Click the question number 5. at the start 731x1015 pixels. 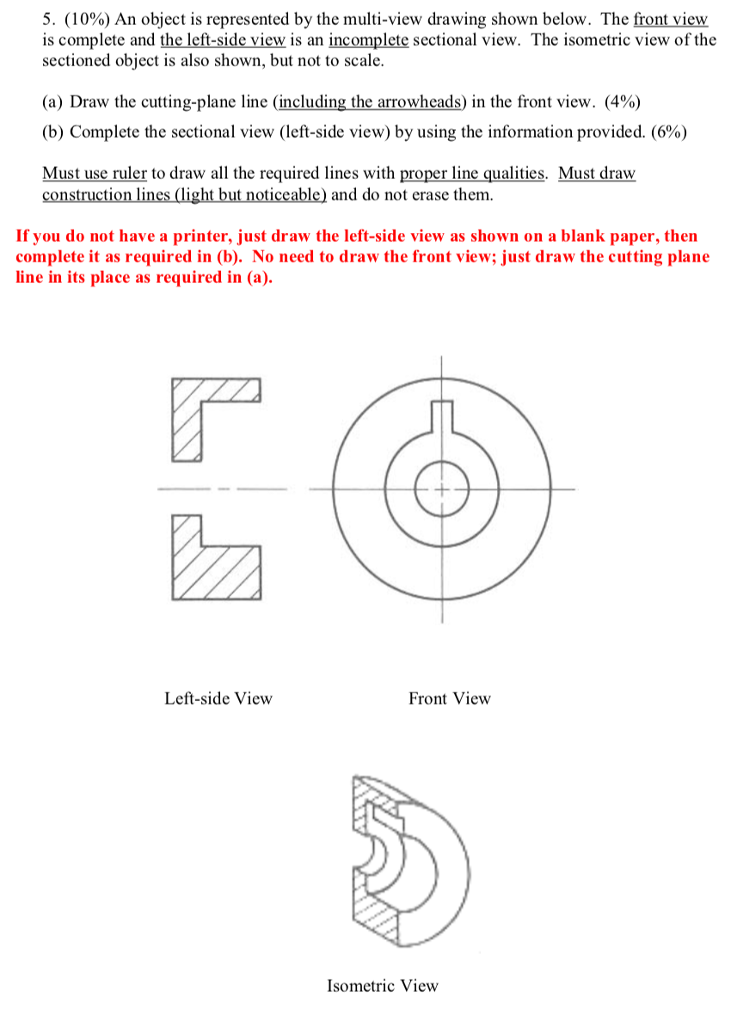tap(49, 19)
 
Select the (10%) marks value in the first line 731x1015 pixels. tap(90, 19)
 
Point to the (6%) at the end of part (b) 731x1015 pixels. tap(664, 132)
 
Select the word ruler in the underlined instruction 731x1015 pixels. tap(128, 174)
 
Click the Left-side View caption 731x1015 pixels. tap(218, 698)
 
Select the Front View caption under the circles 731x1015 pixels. tap(449, 698)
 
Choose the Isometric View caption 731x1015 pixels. tap(382, 986)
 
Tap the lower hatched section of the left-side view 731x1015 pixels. tap(215, 568)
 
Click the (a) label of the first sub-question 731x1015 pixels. tap(53, 101)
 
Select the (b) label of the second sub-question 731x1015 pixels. tap(53, 132)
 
